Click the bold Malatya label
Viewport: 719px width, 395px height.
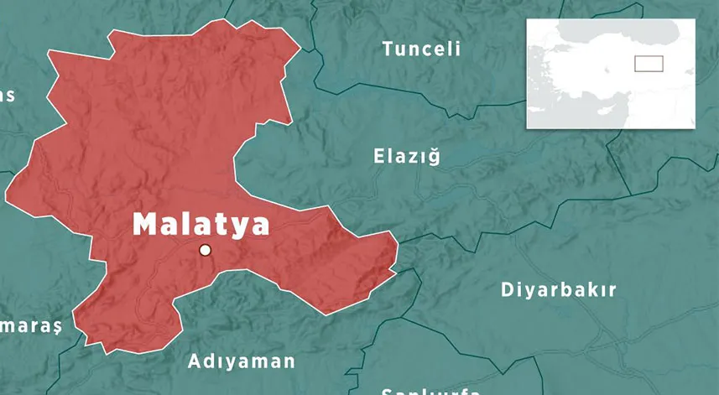201,225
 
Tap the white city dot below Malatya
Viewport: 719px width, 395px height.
205,250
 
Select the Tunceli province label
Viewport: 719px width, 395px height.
421,49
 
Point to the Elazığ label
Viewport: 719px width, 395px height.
406,156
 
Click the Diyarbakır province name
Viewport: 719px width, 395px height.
558,290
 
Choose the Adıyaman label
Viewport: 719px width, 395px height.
242,361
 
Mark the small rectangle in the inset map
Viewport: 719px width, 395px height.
649,64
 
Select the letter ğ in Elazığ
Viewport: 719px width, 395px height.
434,156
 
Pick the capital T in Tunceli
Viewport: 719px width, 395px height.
388,49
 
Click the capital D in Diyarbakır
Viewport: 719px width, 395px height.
508,290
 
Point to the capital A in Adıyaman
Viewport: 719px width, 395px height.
194,361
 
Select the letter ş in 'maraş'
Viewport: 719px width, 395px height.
57,327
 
